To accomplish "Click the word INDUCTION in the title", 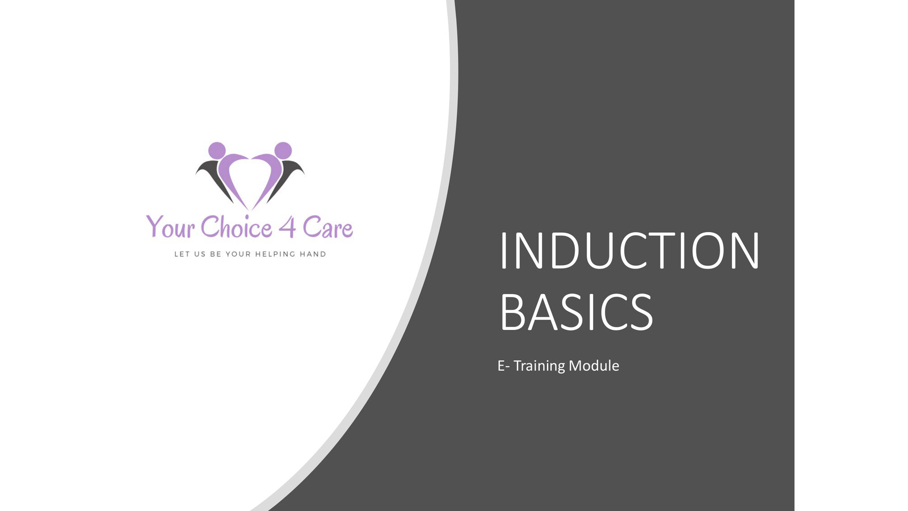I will [629, 251].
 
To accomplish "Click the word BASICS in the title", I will [577, 312].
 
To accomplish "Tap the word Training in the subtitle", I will [539, 366].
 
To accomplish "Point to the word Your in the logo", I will [170, 227].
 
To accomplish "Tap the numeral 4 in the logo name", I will [287, 227].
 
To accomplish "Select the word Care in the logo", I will [327, 228].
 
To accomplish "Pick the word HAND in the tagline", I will [313, 254].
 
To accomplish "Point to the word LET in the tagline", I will [182, 254].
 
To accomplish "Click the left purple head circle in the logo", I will [217, 150].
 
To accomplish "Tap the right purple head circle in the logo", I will [283, 150].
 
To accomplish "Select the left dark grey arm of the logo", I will [213, 176].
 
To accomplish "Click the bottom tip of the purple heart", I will [250, 208].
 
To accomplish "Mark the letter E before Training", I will [501, 366].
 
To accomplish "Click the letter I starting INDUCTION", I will [503, 251].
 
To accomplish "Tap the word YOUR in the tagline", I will [238, 254].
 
